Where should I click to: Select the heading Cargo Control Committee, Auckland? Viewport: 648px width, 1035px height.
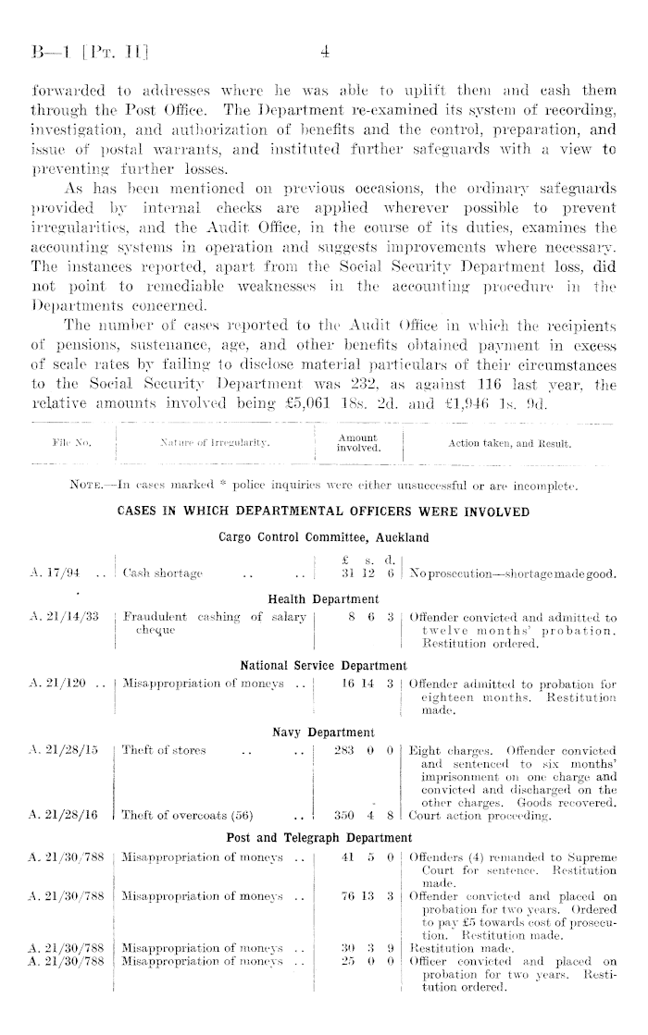pyautogui.click(x=323, y=535)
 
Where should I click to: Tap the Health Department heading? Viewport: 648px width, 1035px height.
pyautogui.click(x=323, y=599)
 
